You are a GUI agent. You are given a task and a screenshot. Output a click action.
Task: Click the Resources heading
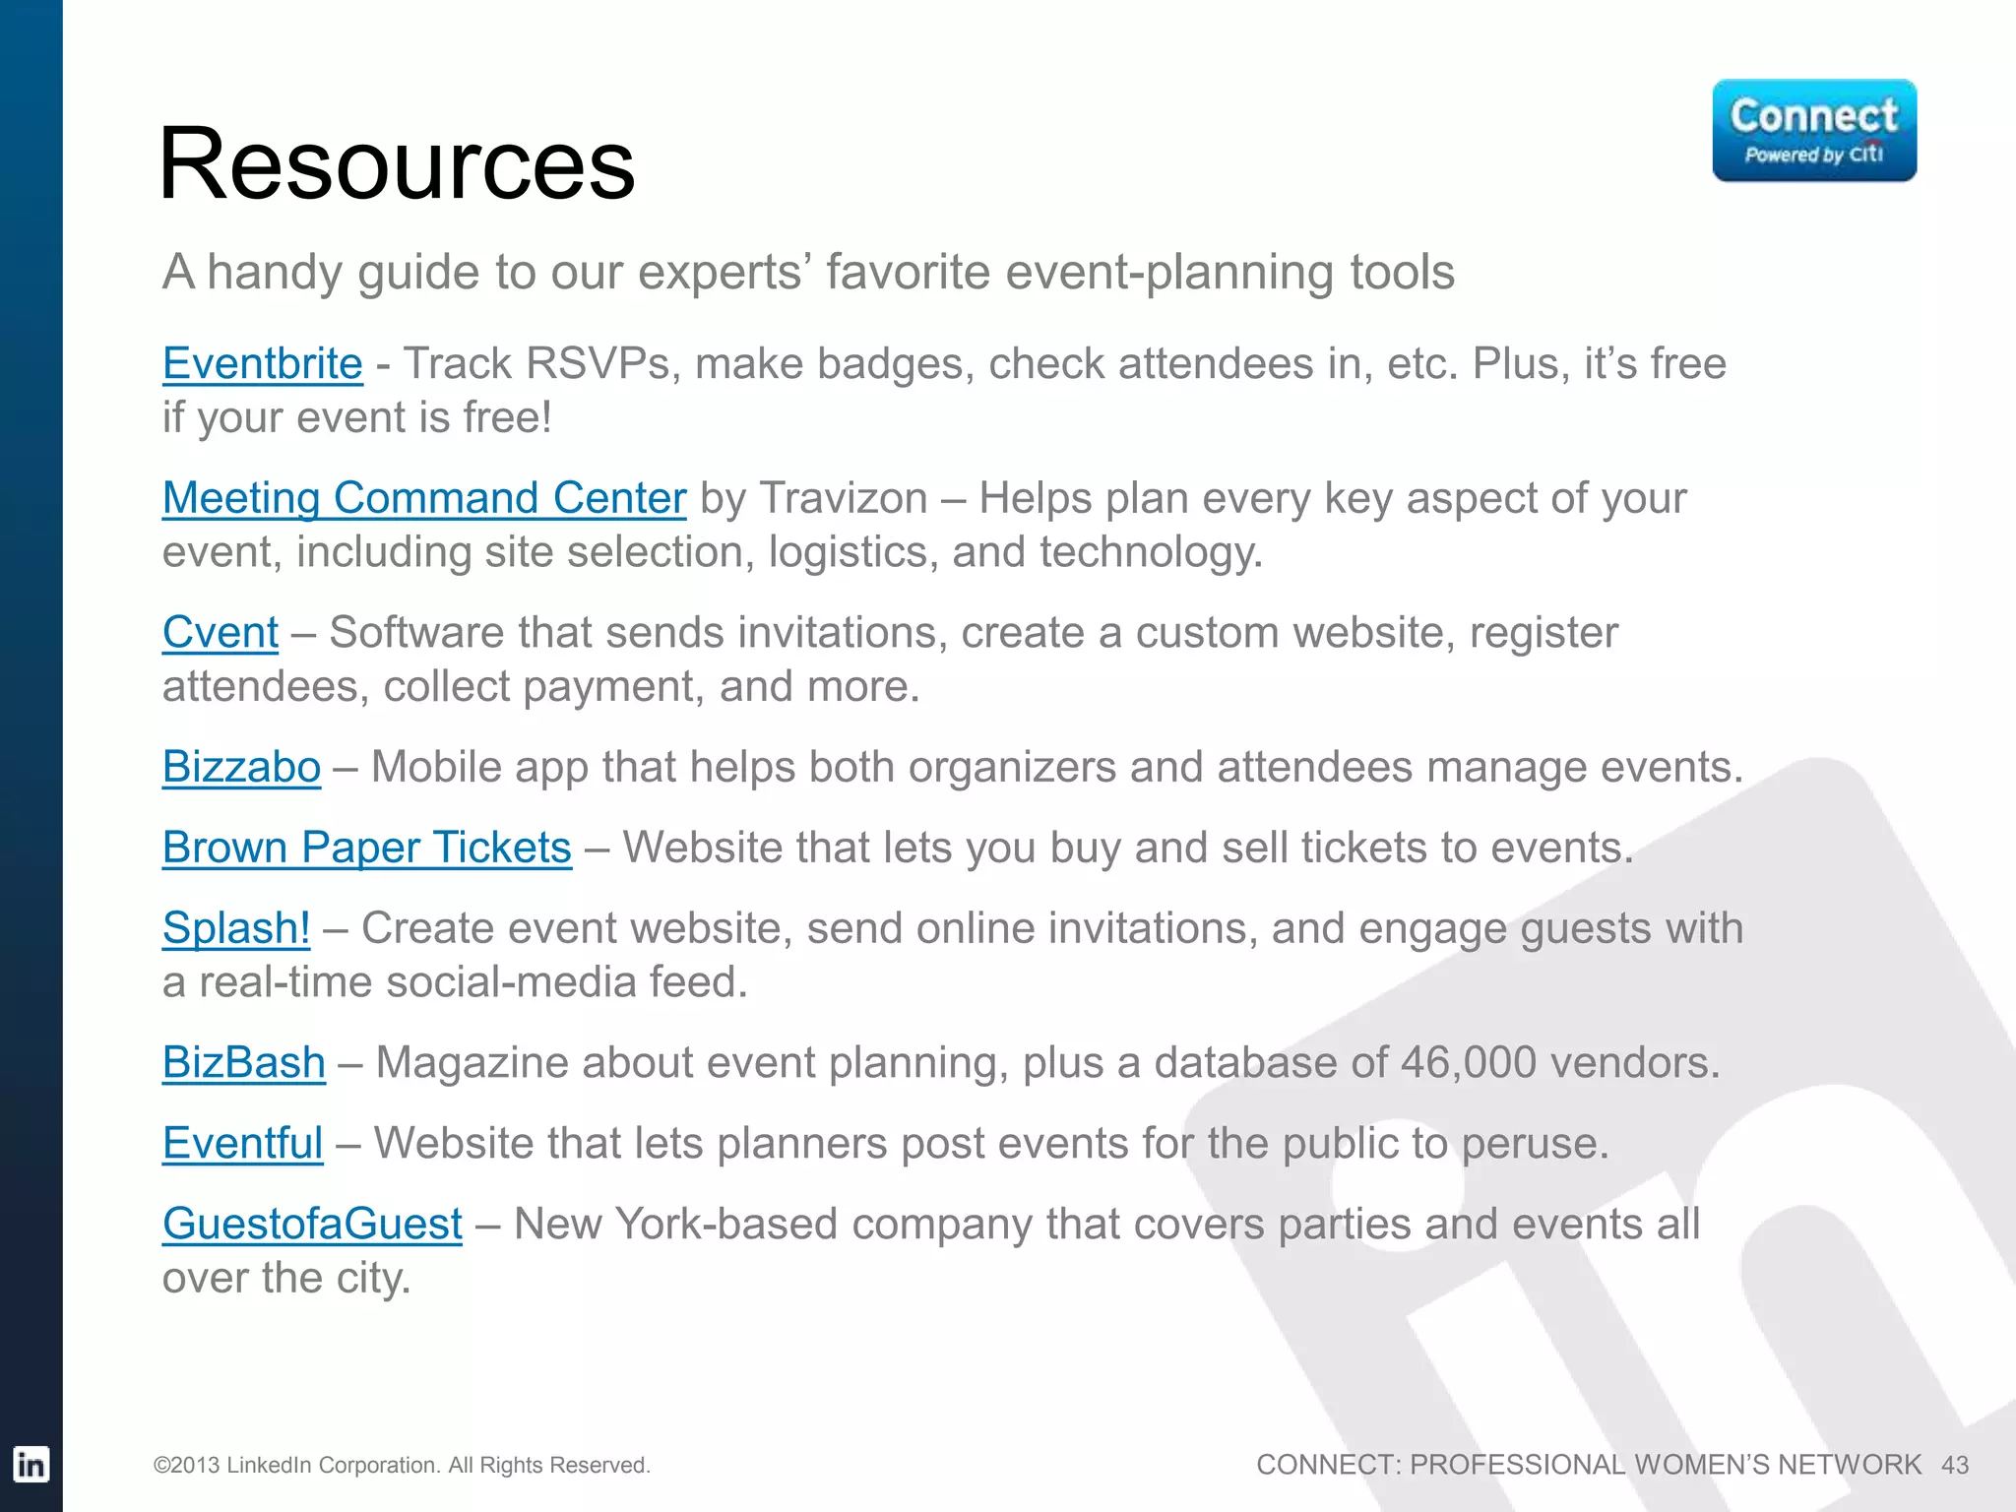397,164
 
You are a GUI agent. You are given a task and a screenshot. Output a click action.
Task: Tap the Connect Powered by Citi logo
1813,131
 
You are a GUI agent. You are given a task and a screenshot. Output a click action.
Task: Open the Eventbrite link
262,364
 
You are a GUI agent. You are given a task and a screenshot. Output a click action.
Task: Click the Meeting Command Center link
423,498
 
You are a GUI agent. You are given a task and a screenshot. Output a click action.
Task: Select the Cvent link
220,633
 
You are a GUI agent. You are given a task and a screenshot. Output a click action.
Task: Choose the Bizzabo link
241,767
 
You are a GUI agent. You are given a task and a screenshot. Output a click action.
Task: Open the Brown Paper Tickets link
366,848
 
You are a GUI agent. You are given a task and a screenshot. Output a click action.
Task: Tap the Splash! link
236,928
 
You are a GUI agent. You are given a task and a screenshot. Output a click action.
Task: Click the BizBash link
243,1063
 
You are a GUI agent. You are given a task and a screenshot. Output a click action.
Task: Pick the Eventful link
242,1144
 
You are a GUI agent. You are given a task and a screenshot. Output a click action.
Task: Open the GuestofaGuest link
312,1225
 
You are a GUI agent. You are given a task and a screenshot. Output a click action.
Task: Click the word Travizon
844,498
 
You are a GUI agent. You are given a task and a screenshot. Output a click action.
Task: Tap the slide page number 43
1954,1466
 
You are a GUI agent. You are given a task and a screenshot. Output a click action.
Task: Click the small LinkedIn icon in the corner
31,1465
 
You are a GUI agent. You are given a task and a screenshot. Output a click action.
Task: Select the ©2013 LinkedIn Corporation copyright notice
402,1466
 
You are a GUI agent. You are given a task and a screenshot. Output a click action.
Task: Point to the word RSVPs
598,364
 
